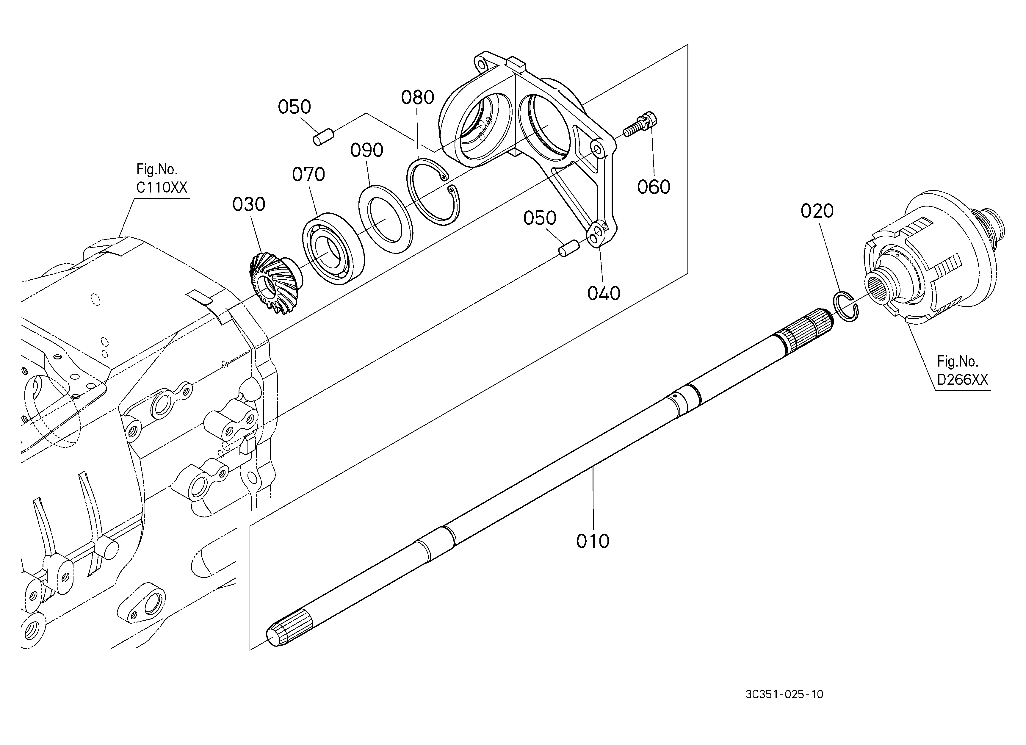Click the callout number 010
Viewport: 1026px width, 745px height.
(x=593, y=541)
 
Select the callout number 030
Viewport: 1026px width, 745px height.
(x=249, y=204)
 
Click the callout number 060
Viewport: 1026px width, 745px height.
(x=654, y=187)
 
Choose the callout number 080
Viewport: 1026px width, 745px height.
(x=418, y=97)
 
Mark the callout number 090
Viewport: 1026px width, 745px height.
(x=367, y=150)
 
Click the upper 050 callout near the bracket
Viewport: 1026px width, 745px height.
(x=295, y=107)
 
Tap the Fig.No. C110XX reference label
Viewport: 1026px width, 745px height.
(x=162, y=179)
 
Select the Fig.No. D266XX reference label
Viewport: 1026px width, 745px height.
(x=963, y=370)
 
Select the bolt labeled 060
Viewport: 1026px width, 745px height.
(x=640, y=125)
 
